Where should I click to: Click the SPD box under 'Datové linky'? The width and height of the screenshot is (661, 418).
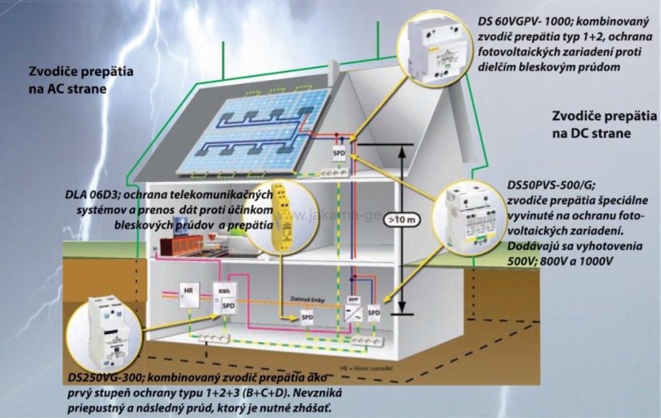click(x=306, y=318)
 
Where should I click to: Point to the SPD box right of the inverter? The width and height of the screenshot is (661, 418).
click(x=375, y=310)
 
